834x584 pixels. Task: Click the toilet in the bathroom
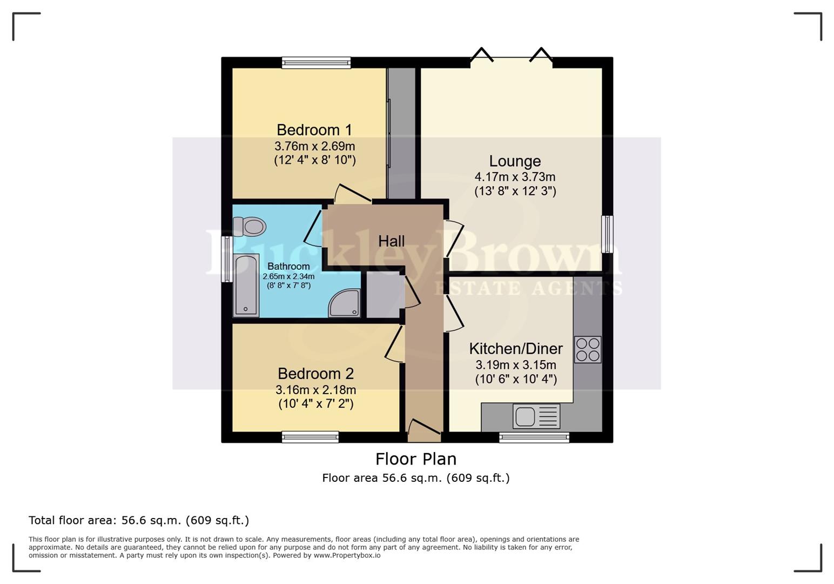point(250,226)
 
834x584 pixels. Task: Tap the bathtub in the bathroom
point(246,285)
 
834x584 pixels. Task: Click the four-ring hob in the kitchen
point(587,349)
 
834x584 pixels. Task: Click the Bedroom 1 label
point(314,130)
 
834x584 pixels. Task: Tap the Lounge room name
point(515,161)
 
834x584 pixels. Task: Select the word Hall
point(391,241)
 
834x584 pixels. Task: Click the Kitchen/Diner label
point(515,349)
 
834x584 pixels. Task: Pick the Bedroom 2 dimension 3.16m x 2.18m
point(315,390)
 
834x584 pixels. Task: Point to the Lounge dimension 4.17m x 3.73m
point(515,177)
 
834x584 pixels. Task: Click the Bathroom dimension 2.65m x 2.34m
point(288,276)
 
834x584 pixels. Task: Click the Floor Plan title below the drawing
point(416,459)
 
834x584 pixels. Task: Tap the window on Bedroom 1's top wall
point(316,63)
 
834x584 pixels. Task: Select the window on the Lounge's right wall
point(607,234)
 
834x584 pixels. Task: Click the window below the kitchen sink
point(534,437)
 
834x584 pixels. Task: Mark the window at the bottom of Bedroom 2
point(310,437)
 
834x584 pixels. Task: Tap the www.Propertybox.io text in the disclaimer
point(347,555)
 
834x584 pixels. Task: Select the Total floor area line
point(139,520)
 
